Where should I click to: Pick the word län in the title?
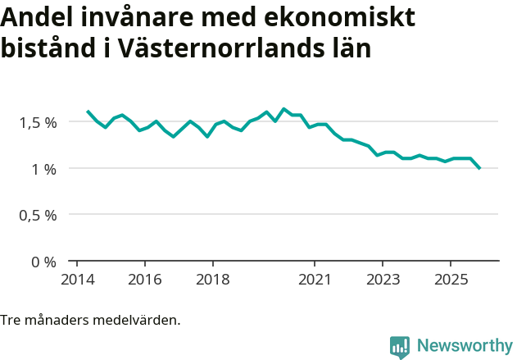(348, 48)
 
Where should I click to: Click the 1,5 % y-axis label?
(39, 122)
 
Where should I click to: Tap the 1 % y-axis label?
(44, 169)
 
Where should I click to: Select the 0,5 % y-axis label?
(39, 215)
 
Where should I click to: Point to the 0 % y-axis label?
(44, 262)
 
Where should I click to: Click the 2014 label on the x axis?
(77, 279)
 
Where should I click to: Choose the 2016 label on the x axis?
(144, 279)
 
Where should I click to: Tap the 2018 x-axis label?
(212, 279)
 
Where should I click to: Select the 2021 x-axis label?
(315, 279)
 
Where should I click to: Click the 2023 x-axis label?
(383, 279)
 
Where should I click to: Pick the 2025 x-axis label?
(451, 279)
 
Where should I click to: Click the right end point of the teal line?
(479, 168)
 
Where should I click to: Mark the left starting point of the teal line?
(88, 111)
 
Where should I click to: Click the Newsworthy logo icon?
(400, 347)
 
